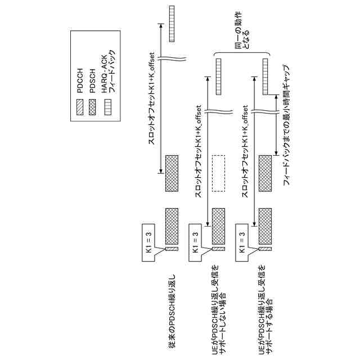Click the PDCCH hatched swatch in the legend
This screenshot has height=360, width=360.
point(81,105)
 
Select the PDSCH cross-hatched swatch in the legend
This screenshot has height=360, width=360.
point(94,105)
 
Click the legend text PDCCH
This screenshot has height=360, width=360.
point(81,79)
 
